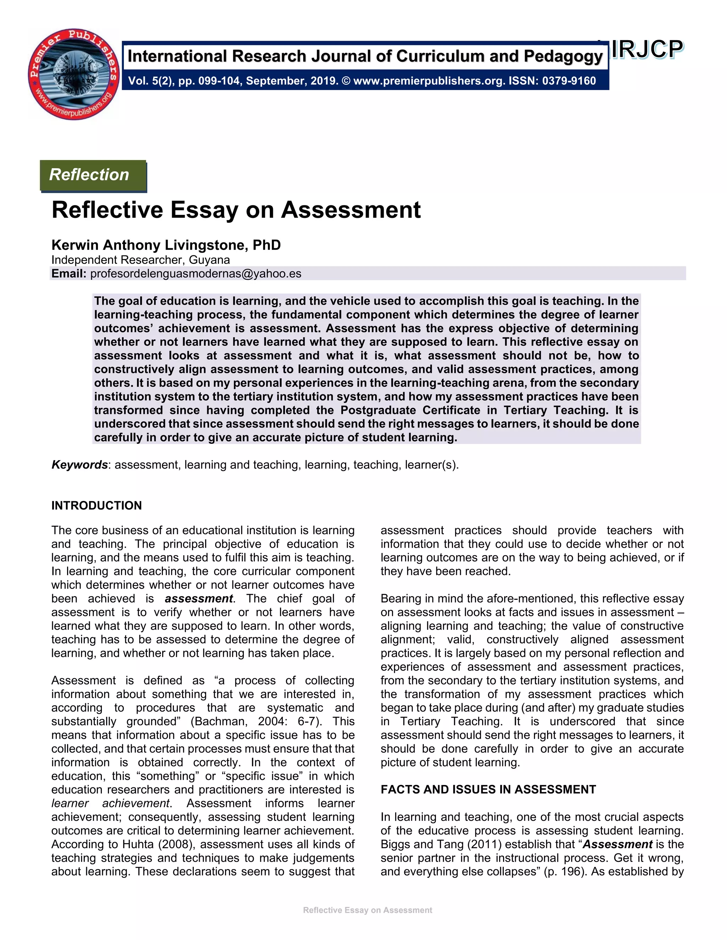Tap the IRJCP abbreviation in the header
coord(646,50)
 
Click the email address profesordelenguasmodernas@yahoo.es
coord(196,274)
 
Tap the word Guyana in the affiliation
coord(209,260)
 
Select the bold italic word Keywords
coord(79,465)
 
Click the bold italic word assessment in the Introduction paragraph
coord(198,599)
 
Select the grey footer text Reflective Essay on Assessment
coord(367,910)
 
